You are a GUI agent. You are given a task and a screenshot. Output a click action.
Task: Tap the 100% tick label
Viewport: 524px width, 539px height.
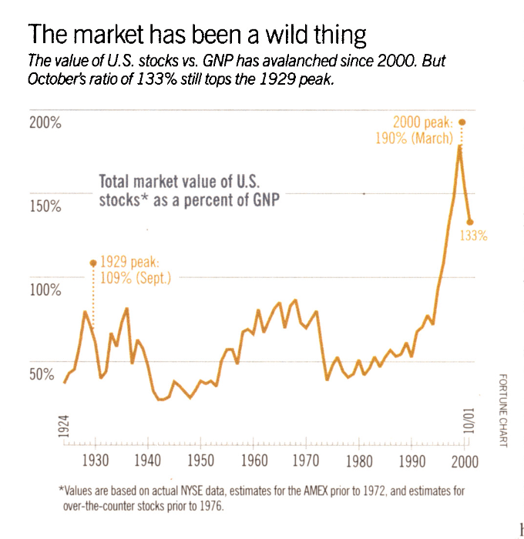tap(44, 290)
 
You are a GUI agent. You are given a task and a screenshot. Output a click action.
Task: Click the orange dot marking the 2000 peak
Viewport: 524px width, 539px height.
tap(462, 122)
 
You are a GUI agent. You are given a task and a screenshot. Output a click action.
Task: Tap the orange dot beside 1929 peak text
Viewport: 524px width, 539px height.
tap(93, 263)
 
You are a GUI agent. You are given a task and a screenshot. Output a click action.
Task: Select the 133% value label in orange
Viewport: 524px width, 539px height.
tap(474, 236)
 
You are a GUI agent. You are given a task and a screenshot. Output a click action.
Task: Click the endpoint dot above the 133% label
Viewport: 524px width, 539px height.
tap(469, 222)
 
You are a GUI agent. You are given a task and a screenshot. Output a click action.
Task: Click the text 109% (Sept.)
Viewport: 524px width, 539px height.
tap(136, 277)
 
